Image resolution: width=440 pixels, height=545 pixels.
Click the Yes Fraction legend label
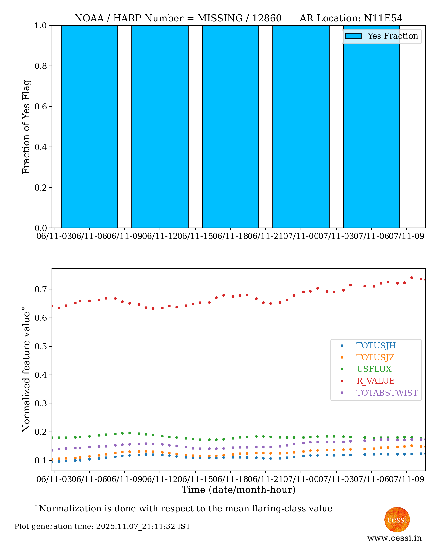pyautogui.click(x=393, y=36)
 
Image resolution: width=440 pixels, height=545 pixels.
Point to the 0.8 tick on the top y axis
pyautogui.click(x=41, y=66)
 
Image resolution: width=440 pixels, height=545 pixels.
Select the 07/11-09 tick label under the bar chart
pyautogui.click(x=406, y=236)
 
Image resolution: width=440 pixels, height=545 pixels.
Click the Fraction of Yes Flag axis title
pyautogui.click(x=26, y=127)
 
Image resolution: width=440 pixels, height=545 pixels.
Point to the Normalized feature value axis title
pyautogui.click(x=26, y=370)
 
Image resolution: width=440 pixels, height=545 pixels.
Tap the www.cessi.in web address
pyautogui.click(x=394, y=538)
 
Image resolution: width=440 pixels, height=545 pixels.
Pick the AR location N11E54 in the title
pyautogui.click(x=383, y=18)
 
